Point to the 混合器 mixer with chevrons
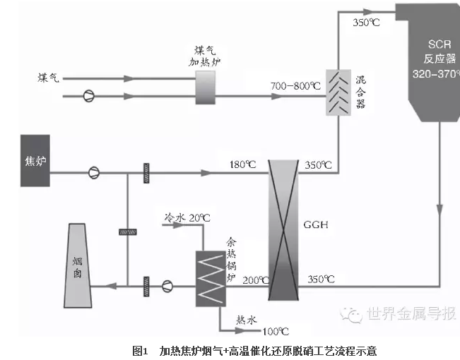tap(336, 92)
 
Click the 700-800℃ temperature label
tap(293, 86)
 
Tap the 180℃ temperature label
tap(241, 165)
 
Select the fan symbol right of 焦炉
tap(93, 172)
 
